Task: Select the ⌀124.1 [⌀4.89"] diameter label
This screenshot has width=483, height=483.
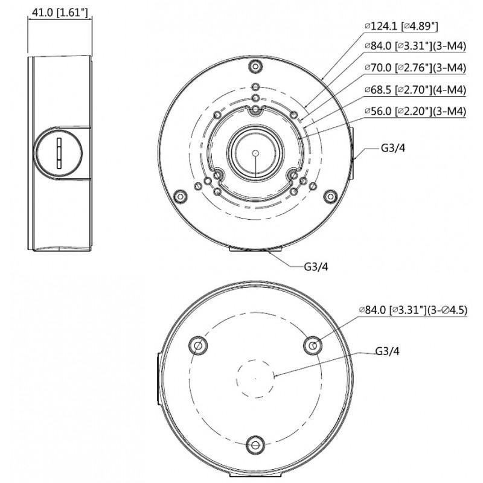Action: pos(401,26)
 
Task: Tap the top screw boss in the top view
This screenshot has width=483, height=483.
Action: pos(255,65)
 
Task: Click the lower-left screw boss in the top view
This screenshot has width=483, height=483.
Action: pos(179,197)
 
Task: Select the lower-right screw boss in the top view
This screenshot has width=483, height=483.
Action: pos(330,197)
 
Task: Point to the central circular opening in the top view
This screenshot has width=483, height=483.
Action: pos(255,153)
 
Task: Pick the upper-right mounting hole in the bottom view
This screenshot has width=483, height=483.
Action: pos(312,345)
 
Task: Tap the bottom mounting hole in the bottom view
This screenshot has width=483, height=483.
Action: pos(255,445)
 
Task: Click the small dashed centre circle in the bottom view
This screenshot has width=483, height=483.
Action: pos(255,379)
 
